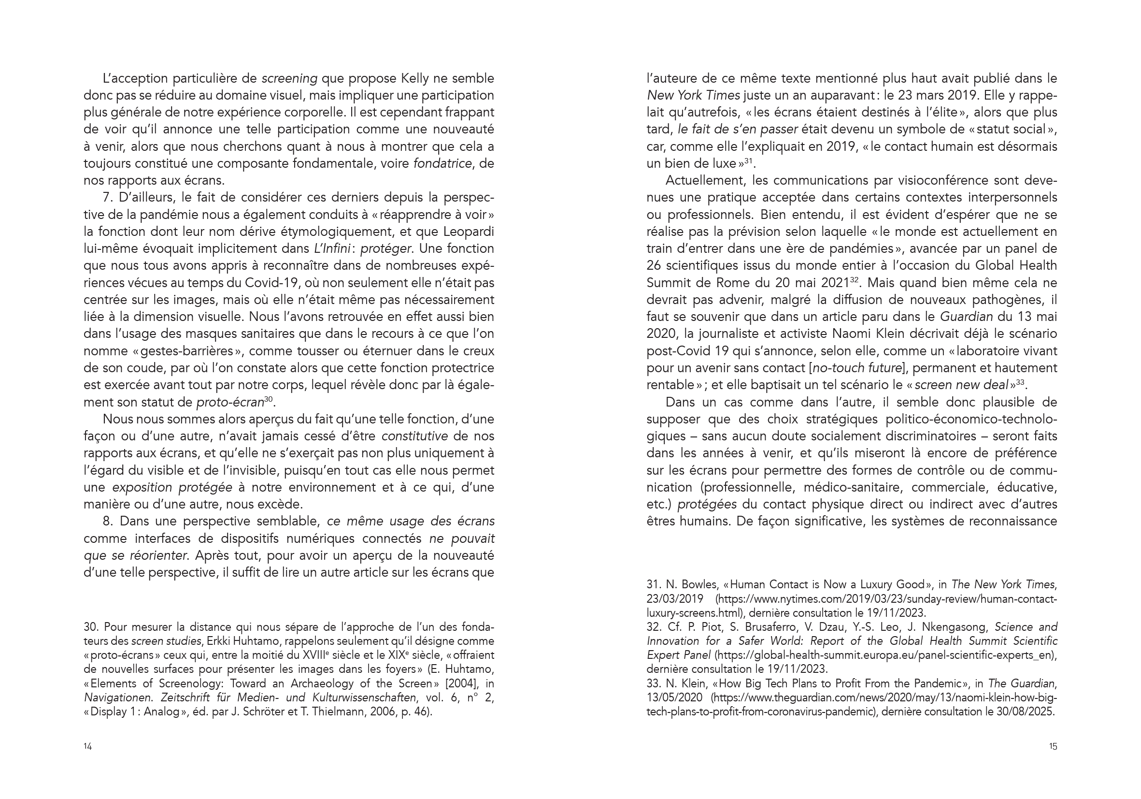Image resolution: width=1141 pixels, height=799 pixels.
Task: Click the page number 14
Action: [x=87, y=746]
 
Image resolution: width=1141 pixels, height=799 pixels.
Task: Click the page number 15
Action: [x=1053, y=746]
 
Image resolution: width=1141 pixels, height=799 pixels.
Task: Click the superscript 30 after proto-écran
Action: [x=269, y=399]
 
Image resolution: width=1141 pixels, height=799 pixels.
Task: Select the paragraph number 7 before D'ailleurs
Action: [x=106, y=198]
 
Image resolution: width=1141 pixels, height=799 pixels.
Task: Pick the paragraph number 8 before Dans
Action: [x=107, y=522]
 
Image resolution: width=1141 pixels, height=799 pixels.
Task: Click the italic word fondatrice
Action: [x=442, y=163]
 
